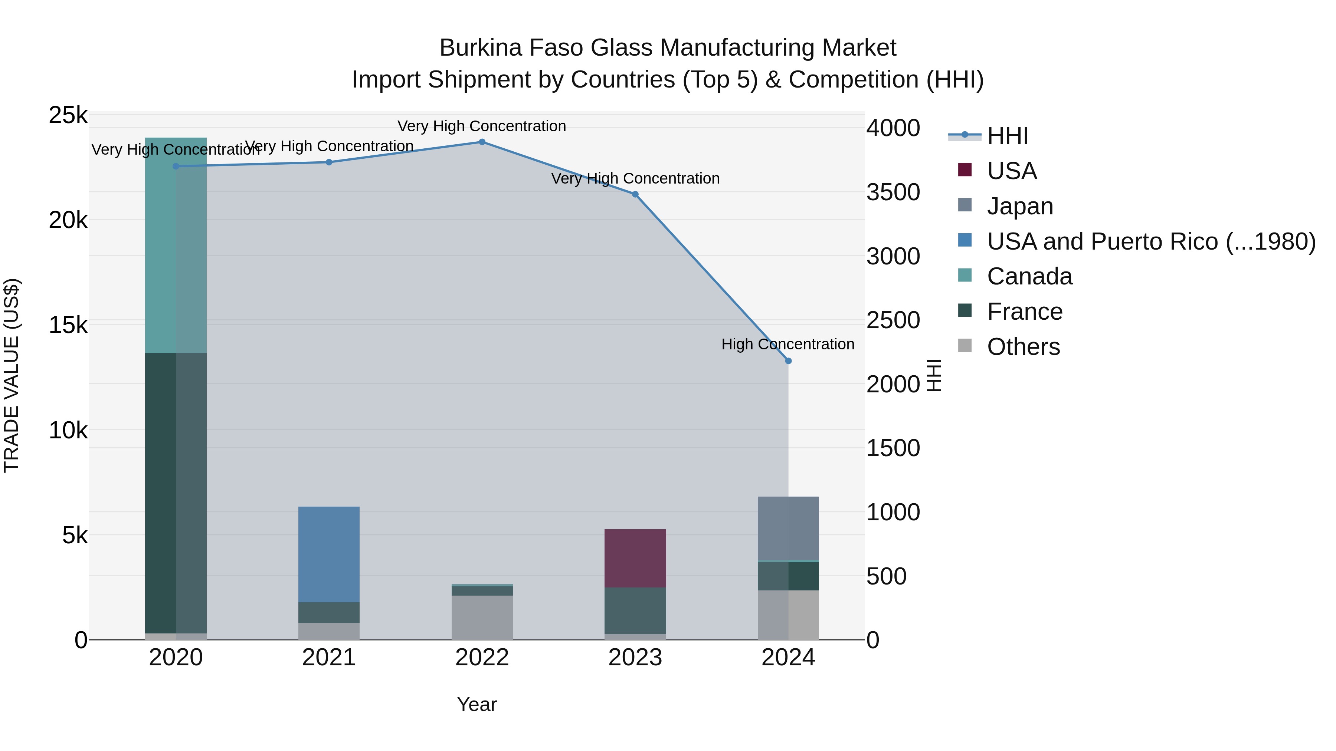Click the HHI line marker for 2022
tap(482, 142)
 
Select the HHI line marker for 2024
tap(788, 361)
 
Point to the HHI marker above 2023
tap(635, 194)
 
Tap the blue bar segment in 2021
tap(329, 554)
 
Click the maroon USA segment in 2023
tap(635, 558)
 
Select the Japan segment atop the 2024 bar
tap(788, 528)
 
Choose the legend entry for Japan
tap(1020, 206)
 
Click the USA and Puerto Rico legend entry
tap(1151, 241)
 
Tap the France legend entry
tap(1024, 312)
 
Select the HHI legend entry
tap(1007, 136)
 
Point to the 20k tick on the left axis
tap(68, 221)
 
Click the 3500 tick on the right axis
tap(893, 192)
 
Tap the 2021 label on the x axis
tap(329, 658)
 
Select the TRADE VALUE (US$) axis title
tap(12, 375)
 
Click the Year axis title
tap(477, 704)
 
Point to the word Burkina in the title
tap(480, 48)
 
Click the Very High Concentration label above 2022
tap(481, 126)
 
